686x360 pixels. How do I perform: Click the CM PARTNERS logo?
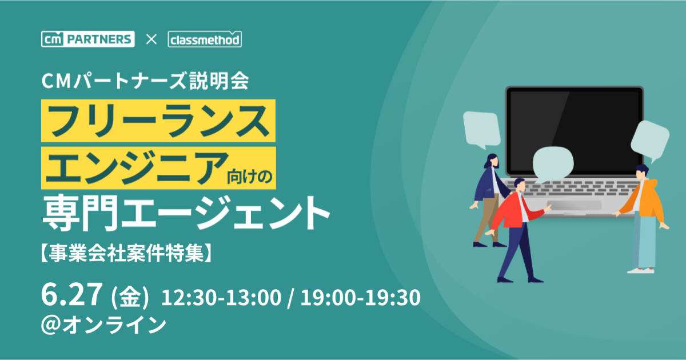click(x=88, y=39)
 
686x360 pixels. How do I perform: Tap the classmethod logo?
click(x=205, y=39)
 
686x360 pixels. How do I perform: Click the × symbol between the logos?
click(x=151, y=39)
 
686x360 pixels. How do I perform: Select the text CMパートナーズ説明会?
click(x=145, y=81)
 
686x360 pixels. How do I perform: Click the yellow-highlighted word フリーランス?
click(x=158, y=121)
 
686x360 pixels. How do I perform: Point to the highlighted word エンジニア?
click(x=137, y=168)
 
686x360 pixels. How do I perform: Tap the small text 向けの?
click(x=250, y=177)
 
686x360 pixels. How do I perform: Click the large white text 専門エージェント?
click(x=186, y=213)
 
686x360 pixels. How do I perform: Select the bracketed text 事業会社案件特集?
click(x=126, y=253)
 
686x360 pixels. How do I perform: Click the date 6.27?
click(x=72, y=294)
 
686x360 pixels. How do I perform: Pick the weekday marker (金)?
click(x=130, y=297)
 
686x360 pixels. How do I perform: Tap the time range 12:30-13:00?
click(x=221, y=297)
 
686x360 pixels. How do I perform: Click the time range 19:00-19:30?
click(x=361, y=297)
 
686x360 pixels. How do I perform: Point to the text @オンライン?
click(x=104, y=325)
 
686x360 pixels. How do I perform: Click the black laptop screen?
click(x=575, y=131)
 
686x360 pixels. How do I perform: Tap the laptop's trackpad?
click(x=574, y=205)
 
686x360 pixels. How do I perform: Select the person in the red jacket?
click(x=518, y=230)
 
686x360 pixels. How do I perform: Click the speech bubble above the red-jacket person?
click(x=553, y=164)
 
